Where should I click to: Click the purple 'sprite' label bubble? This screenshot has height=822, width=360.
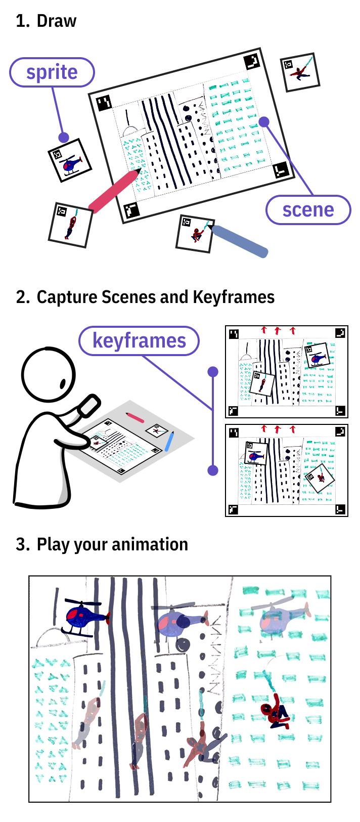[x=52, y=72]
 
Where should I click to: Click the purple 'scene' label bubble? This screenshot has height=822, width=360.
[x=308, y=209]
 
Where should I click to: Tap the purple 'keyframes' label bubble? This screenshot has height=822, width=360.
[x=139, y=340]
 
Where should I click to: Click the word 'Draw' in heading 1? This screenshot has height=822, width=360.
[x=57, y=21]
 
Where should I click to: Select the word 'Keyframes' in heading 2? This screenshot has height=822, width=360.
[x=234, y=297]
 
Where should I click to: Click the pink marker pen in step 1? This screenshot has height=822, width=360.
[x=114, y=190]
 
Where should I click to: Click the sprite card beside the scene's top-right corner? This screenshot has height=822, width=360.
[x=301, y=72]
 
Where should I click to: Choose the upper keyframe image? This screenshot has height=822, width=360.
[x=287, y=372]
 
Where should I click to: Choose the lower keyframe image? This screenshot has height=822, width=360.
[x=287, y=470]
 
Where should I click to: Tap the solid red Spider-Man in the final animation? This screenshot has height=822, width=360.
[x=275, y=711]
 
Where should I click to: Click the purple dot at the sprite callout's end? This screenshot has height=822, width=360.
[x=63, y=137]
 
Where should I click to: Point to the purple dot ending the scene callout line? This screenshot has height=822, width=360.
[x=264, y=122]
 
